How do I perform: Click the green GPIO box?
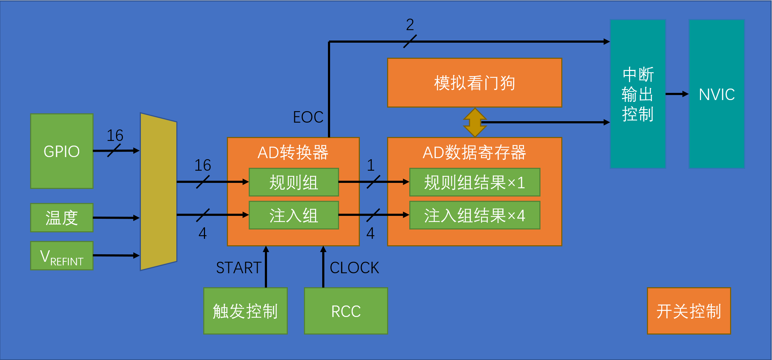pyautogui.click(x=62, y=151)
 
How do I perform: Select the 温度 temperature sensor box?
pyautogui.click(x=62, y=218)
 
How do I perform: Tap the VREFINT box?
pyautogui.click(x=62, y=256)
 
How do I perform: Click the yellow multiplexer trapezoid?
pyautogui.click(x=158, y=192)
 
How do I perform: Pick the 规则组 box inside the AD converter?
pyautogui.click(x=294, y=182)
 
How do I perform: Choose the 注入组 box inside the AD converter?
pyautogui.click(x=294, y=215)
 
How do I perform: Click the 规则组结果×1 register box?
pyautogui.click(x=475, y=182)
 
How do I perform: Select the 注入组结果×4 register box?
pyautogui.click(x=475, y=215)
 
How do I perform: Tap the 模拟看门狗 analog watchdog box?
pyautogui.click(x=475, y=83)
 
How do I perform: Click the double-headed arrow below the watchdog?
pyautogui.click(x=475, y=122)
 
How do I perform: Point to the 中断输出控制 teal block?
pyautogui.click(x=638, y=94)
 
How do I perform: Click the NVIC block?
pyautogui.click(x=716, y=94)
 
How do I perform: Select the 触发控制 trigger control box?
pyautogui.click(x=246, y=311)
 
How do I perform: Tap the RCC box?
pyautogui.click(x=346, y=311)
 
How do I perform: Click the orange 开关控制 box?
pyautogui.click(x=688, y=311)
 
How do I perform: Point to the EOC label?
pyautogui.click(x=308, y=117)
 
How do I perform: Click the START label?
pyautogui.click(x=239, y=267)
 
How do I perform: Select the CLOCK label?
pyautogui.click(x=354, y=267)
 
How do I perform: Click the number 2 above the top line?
pyautogui.click(x=410, y=24)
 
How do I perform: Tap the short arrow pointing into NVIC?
pyautogui.click(x=677, y=94)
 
